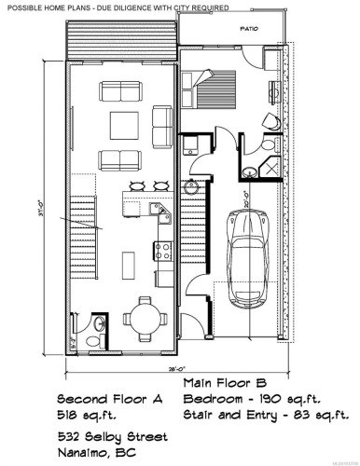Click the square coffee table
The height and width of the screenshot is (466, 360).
123,124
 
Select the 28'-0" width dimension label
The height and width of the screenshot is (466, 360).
173,368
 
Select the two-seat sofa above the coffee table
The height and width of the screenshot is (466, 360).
123,91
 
